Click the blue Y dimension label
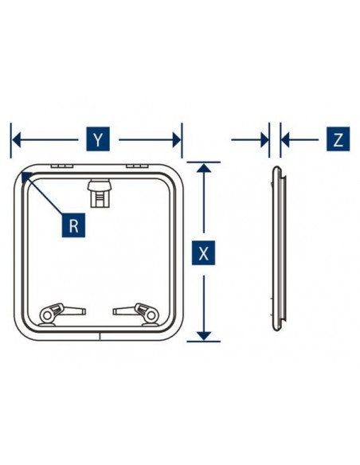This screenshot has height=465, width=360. point(98,139)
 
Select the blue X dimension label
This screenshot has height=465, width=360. point(203,253)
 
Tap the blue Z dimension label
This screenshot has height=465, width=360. point(338,139)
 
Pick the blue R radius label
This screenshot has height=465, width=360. point(73,225)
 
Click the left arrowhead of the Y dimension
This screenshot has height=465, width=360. point(16,139)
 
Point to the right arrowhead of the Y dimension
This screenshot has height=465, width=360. point(177,139)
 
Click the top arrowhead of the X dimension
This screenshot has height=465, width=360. point(204,168)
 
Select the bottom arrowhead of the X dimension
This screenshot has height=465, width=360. point(204,336)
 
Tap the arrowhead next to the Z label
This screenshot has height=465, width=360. point(285,139)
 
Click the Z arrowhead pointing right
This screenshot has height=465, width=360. point(264,139)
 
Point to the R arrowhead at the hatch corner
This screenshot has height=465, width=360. point(26,177)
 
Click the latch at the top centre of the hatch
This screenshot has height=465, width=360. point(100,193)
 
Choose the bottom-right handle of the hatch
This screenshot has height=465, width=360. point(136,314)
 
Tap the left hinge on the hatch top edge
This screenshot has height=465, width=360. point(61,166)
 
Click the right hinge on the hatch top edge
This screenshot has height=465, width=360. point(137,166)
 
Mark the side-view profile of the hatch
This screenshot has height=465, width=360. point(279,248)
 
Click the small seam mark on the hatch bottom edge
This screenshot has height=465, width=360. point(100,336)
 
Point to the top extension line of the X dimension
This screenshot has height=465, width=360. point(204,162)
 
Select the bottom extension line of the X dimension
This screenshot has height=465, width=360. point(204,342)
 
